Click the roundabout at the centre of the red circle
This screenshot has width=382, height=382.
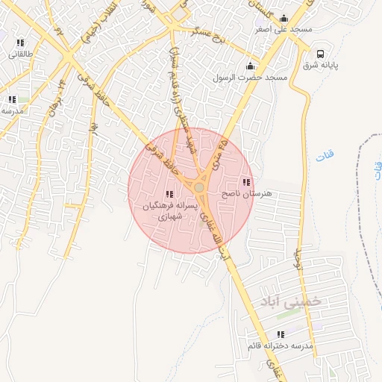(199, 187)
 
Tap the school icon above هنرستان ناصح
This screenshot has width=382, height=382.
(246, 183)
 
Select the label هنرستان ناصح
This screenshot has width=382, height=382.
(248, 193)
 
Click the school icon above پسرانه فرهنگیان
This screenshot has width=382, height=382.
(169, 195)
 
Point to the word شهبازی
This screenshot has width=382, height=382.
(171, 216)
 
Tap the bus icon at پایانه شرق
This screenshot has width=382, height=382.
(320, 54)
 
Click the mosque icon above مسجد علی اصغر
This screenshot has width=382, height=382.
(284, 19)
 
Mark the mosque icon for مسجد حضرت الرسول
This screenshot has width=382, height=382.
(248, 66)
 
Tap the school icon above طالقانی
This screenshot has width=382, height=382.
(20, 43)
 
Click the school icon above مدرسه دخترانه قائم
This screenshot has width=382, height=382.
(281, 335)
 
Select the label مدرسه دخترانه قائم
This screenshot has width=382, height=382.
(280, 346)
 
